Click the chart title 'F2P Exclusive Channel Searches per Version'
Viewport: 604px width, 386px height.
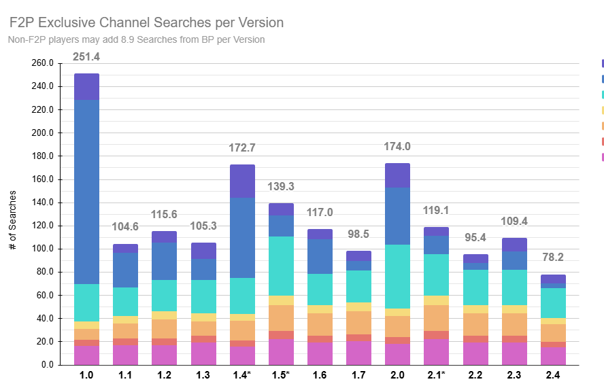[x=146, y=22]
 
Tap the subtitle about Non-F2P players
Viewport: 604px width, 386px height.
[x=136, y=39]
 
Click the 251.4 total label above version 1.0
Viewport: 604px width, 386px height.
[x=86, y=56]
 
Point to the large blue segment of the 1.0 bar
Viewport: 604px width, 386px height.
[x=86, y=192]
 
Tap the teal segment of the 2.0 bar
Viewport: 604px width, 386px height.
[x=397, y=277]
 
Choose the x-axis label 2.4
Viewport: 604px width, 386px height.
[x=552, y=374]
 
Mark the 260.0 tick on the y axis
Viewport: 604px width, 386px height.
[x=42, y=63]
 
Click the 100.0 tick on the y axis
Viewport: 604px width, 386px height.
[x=42, y=249]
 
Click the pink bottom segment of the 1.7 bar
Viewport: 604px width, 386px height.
[x=358, y=353]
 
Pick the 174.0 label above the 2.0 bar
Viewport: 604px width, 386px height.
[x=397, y=146]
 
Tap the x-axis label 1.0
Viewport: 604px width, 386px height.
[x=86, y=374]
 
